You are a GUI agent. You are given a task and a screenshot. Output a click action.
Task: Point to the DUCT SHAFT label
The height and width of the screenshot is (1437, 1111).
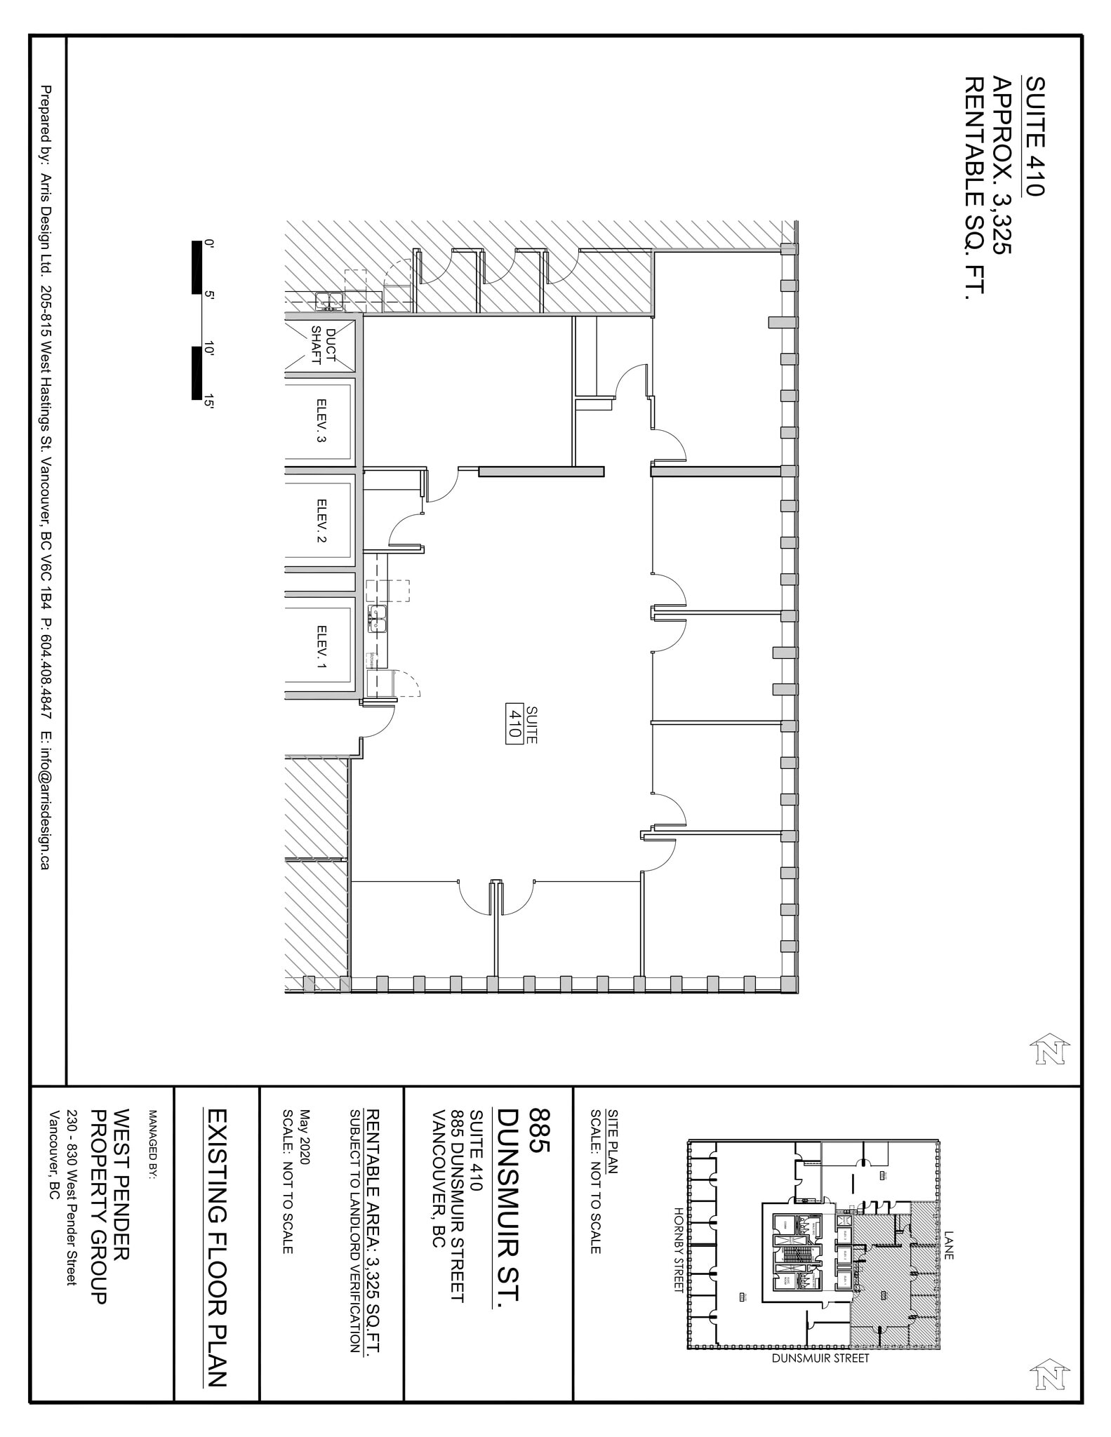pos(324,345)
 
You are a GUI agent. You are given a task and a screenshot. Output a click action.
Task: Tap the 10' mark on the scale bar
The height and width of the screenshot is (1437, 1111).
pos(208,349)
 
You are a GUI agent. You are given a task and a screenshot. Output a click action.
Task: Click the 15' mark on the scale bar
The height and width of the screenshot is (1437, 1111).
pos(208,401)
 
